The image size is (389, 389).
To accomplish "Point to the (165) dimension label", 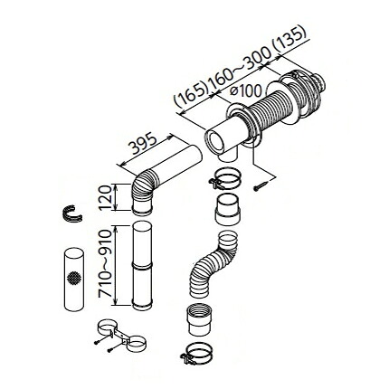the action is tap(191, 94).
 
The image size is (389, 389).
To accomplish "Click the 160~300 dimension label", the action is tap(240, 65).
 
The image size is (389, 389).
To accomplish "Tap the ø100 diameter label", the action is tap(246, 90).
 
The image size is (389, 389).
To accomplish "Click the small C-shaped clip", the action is tap(71, 214).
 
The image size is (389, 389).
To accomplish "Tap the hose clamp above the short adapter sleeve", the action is tap(224, 178).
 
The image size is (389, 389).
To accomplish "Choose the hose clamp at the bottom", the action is tap(197, 353).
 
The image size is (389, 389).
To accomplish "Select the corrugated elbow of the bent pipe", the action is tap(144, 187).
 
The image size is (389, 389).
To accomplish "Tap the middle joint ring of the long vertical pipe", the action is tap(142, 265).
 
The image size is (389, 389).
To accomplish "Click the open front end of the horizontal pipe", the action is tap(214, 141).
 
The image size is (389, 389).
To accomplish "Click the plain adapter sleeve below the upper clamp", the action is tap(228, 209).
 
